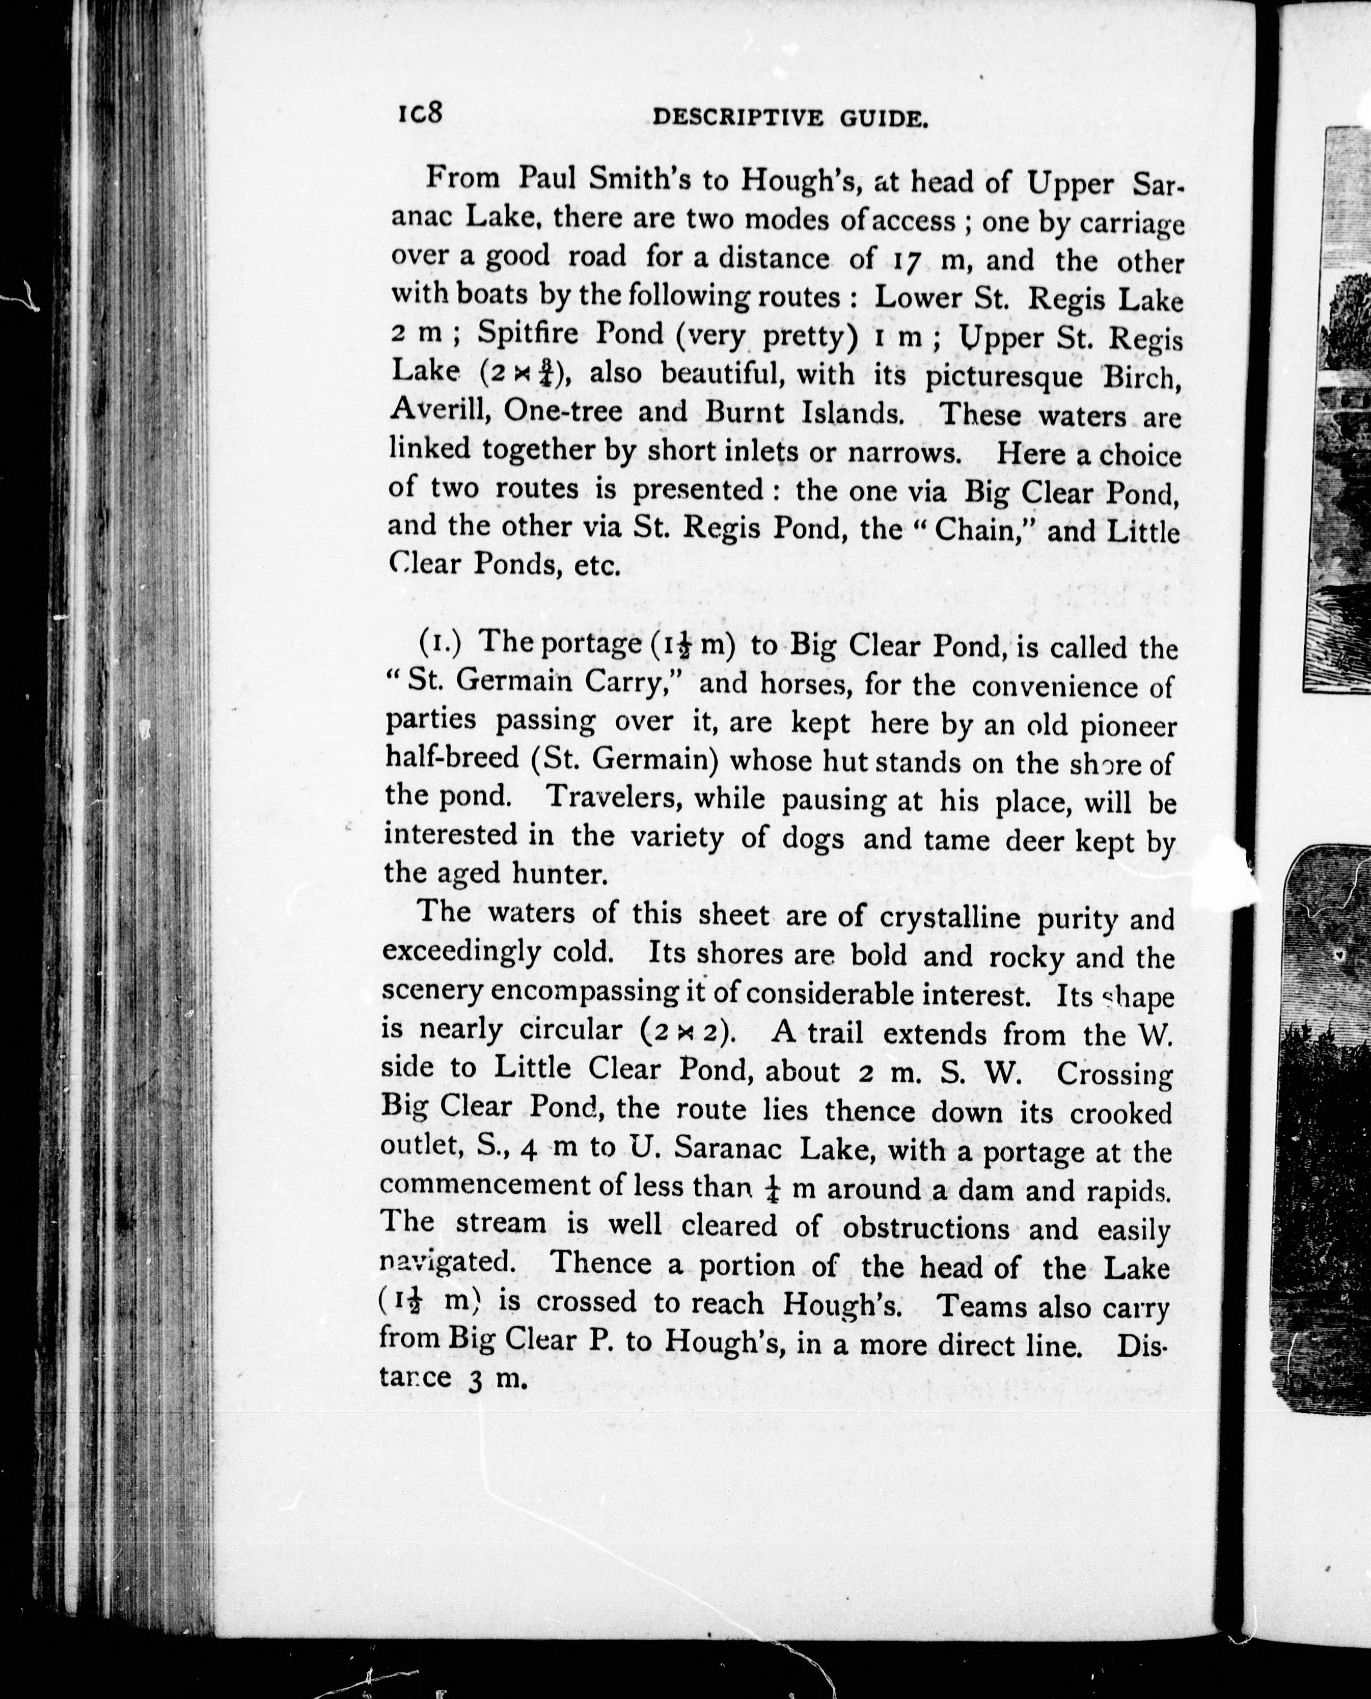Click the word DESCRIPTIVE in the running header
738,119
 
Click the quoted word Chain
972,529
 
